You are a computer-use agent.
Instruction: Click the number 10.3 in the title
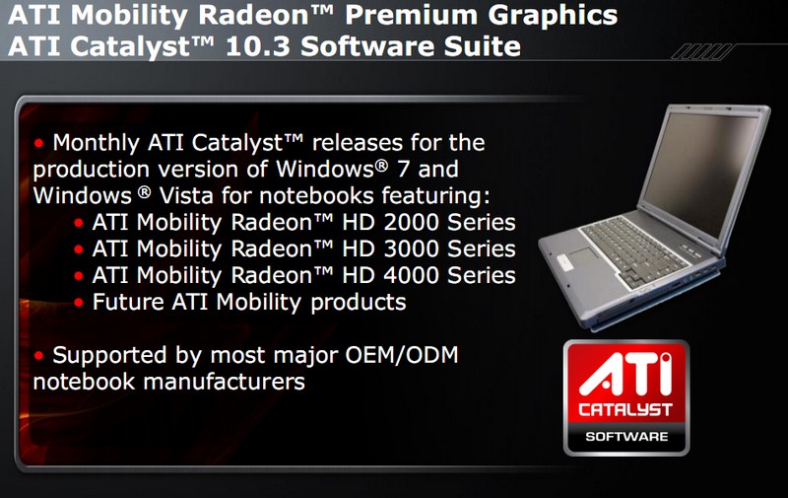(258, 46)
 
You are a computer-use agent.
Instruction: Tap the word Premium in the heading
(411, 15)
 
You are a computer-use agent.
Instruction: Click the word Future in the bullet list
(128, 303)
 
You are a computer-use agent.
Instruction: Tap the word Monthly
(96, 143)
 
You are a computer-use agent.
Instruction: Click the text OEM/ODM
(402, 355)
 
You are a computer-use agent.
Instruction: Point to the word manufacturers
(225, 382)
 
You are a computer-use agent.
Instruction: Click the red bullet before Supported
(38, 356)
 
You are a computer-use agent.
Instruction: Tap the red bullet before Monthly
(38, 144)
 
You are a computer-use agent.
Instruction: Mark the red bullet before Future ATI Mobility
(79, 303)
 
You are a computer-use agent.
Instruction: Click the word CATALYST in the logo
(625, 410)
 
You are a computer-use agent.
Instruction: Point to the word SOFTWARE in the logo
(626, 437)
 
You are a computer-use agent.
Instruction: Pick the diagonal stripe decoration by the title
(701, 52)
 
